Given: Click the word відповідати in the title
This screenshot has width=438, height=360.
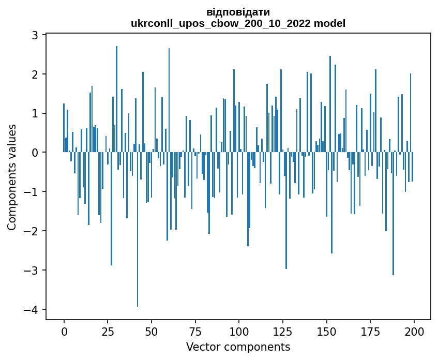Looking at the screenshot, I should pos(238,12).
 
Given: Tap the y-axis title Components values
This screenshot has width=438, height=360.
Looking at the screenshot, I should pos(12,177).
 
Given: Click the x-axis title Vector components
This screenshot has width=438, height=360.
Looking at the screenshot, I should pos(238,347).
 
